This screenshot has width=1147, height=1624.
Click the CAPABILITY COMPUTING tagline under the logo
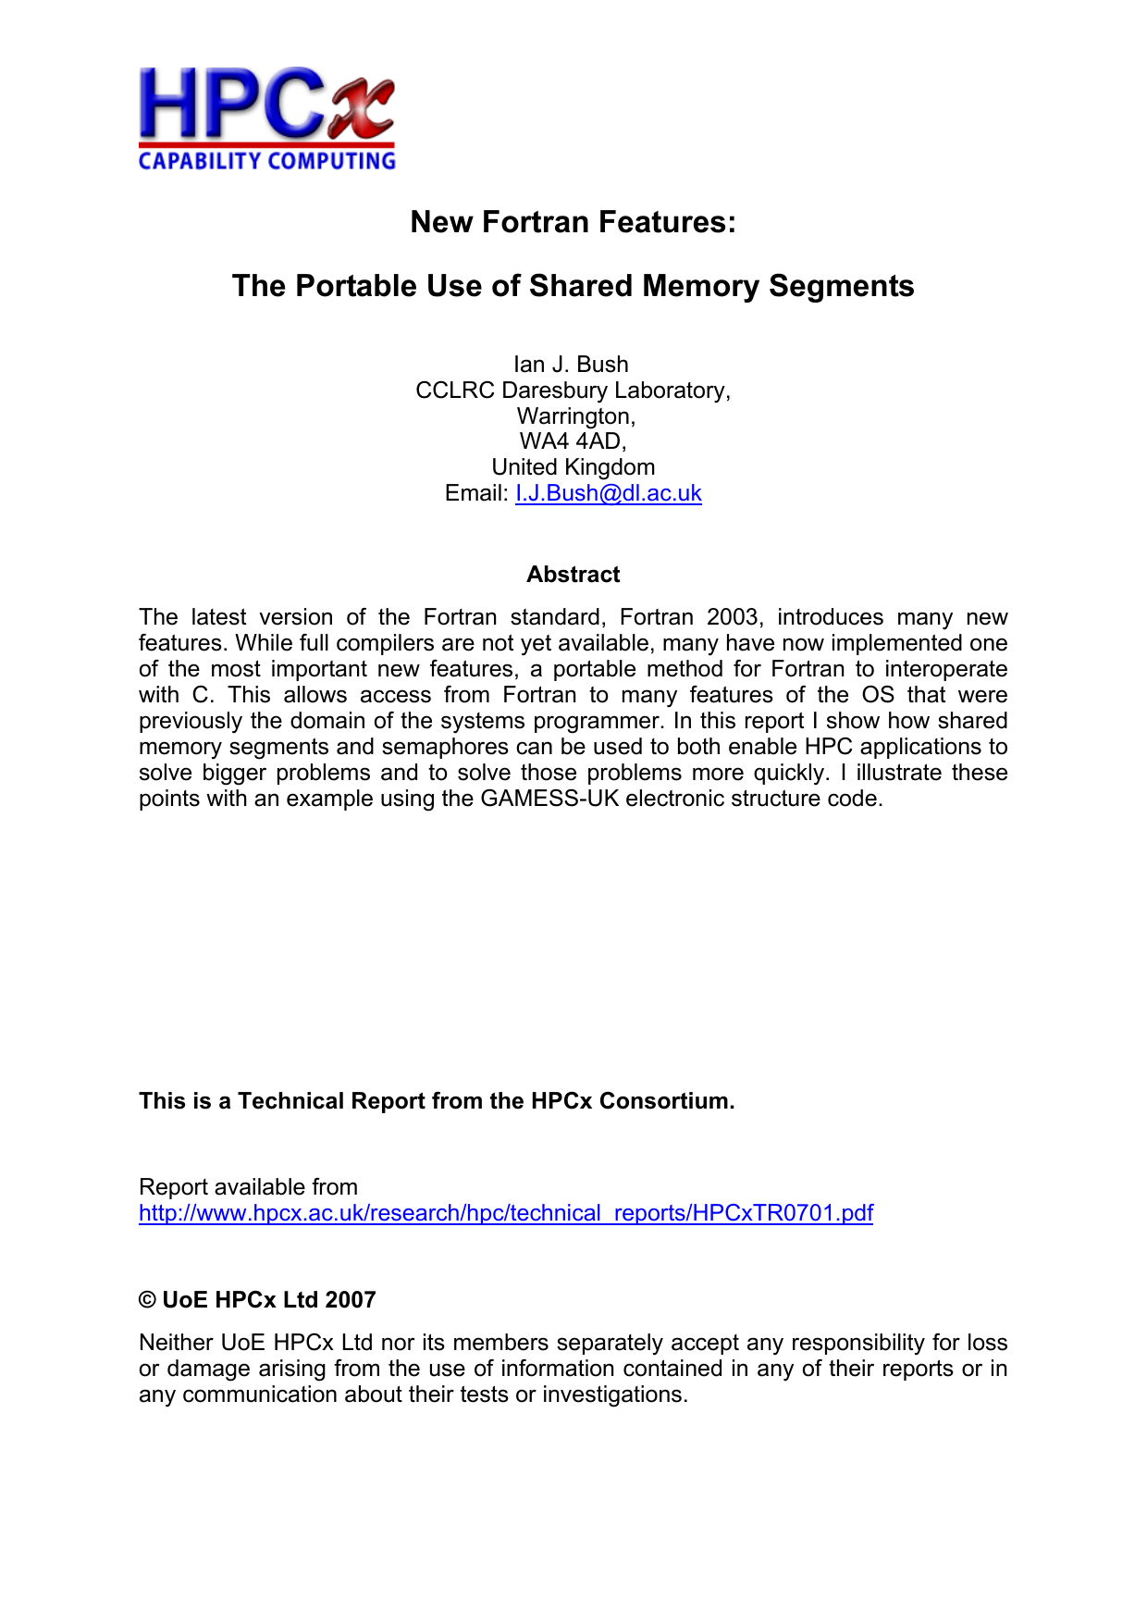coord(266,161)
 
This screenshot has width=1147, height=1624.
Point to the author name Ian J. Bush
coord(571,365)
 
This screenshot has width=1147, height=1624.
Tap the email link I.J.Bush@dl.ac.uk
coord(608,493)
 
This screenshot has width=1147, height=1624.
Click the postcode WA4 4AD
coord(573,441)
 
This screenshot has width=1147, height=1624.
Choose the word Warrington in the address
coord(574,416)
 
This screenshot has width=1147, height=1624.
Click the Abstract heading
coord(573,575)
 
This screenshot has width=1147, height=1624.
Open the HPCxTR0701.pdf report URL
coord(505,1213)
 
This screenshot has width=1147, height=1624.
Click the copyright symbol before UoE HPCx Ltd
coord(147,1300)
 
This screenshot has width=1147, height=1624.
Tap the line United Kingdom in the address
coord(573,467)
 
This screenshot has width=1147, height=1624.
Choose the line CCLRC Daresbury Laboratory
coord(573,391)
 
